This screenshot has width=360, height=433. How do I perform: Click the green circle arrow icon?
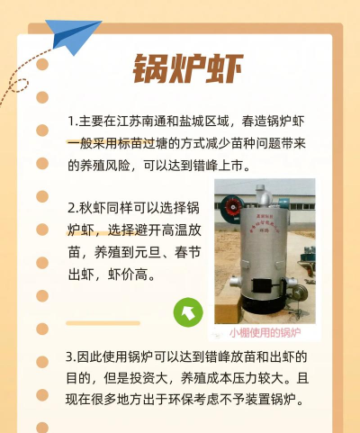(x=187, y=312)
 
